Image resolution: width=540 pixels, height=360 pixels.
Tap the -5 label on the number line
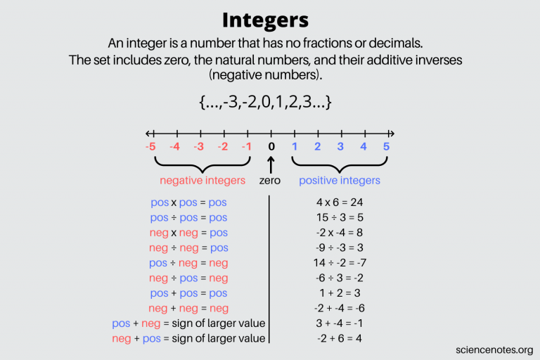[150, 147]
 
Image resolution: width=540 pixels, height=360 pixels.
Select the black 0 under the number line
[270, 147]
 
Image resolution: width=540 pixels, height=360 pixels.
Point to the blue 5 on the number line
[385, 147]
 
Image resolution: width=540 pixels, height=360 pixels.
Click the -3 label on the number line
[199, 147]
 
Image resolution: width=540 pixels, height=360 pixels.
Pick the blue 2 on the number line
[318, 147]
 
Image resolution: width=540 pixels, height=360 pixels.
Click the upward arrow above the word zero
[270, 165]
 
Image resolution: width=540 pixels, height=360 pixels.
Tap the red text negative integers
[202, 181]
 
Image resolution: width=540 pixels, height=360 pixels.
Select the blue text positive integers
[340, 181]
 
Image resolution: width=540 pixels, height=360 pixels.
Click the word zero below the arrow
[270, 181]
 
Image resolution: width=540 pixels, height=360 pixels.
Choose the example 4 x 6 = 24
[340, 202]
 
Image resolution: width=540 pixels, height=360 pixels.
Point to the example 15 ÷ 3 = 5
[340, 217]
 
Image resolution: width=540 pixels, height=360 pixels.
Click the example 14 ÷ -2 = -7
[340, 263]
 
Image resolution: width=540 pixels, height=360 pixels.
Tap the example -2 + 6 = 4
[340, 338]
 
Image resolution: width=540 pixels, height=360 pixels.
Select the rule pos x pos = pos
[188, 202]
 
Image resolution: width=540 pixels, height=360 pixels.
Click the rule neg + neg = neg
[188, 308]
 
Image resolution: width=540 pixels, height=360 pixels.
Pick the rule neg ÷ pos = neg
[188, 278]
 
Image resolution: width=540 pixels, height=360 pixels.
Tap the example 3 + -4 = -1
[340, 323]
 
